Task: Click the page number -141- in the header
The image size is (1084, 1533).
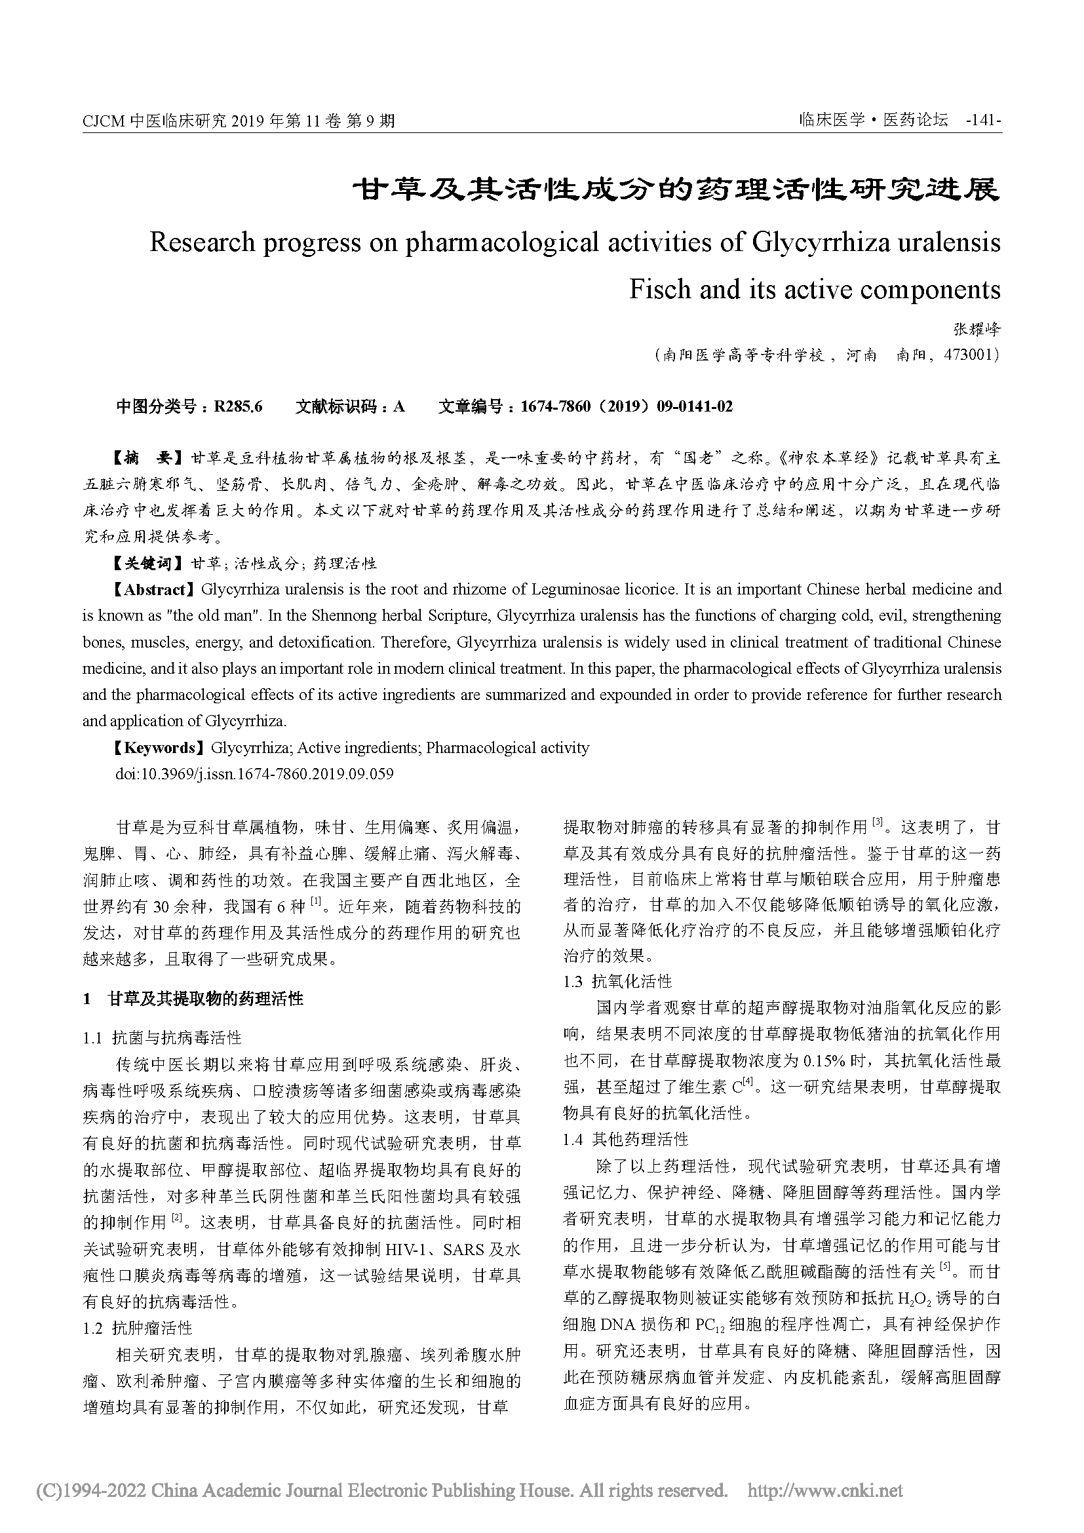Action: point(983,121)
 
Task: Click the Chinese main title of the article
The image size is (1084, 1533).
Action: point(676,189)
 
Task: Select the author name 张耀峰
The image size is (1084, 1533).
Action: point(977,329)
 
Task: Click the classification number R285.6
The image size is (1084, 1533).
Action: point(239,406)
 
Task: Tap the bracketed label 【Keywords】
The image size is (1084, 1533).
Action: point(157,748)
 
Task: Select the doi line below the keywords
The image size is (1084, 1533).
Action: point(254,774)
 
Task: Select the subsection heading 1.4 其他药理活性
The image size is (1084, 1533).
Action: point(625,1139)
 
